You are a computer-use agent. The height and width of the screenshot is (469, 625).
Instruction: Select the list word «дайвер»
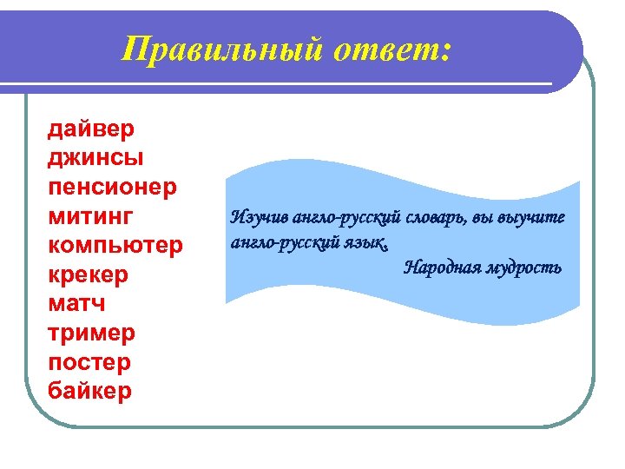tap(91, 129)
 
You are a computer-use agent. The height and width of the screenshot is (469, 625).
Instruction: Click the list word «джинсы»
tap(96, 158)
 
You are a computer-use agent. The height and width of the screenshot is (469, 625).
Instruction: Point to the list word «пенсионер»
tap(113, 187)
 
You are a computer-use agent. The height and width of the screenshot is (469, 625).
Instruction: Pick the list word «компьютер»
tap(115, 245)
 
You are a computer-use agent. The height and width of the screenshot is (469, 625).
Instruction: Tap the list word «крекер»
tap(89, 274)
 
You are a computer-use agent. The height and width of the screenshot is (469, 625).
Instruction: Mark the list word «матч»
tap(77, 303)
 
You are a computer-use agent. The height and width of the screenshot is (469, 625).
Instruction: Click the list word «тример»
tap(92, 333)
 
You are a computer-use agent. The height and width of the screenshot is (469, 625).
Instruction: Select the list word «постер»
tap(90, 361)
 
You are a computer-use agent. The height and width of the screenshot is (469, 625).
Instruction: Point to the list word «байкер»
tap(91, 391)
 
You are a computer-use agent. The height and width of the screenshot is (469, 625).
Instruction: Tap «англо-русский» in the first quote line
tap(334, 217)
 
